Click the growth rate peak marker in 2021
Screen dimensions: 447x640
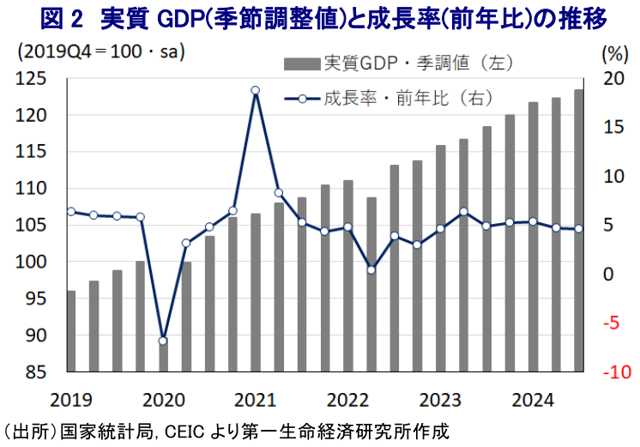click(255, 90)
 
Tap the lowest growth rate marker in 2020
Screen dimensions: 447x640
click(163, 341)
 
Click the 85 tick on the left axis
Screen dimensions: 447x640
click(38, 372)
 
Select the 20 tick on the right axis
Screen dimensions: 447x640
click(614, 79)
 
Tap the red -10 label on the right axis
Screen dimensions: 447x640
click(614, 372)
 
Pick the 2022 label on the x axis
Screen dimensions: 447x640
click(347, 400)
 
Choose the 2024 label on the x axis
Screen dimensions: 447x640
click(532, 400)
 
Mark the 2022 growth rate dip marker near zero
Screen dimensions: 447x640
click(371, 270)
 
